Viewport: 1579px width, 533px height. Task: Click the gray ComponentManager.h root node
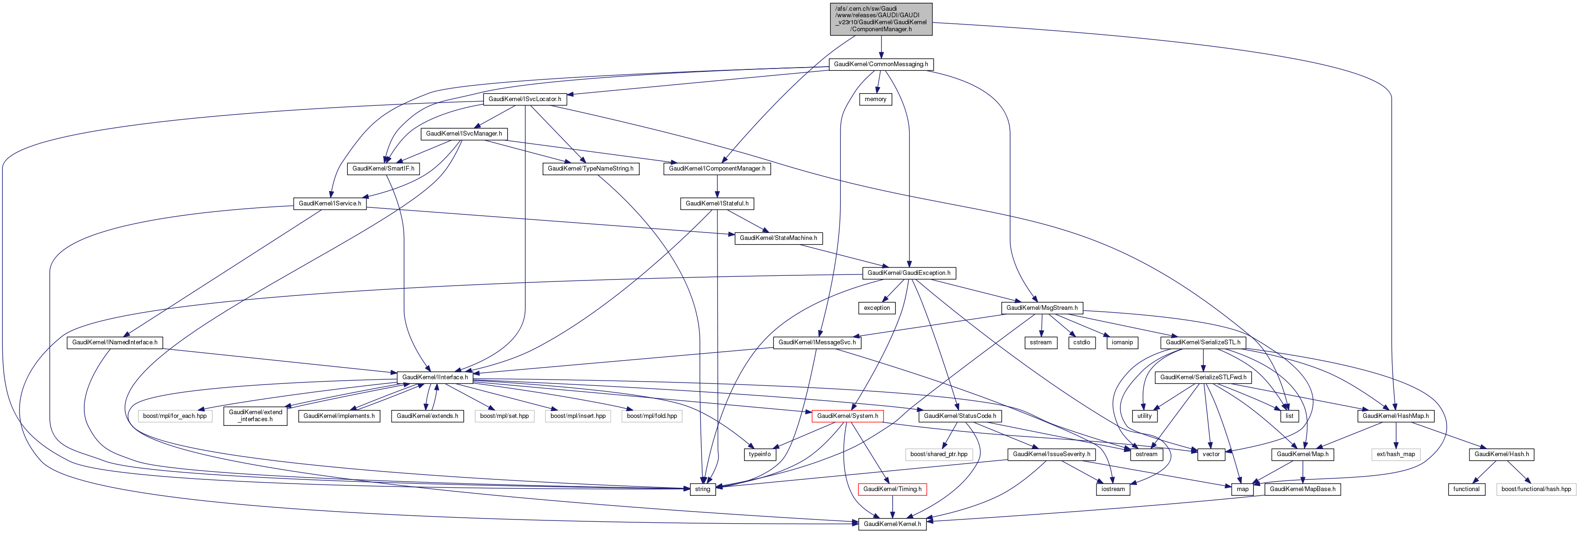coord(881,19)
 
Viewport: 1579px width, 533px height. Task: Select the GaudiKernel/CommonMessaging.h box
coord(880,64)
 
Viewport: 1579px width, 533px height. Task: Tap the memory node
coord(876,99)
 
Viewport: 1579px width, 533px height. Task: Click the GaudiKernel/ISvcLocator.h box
coord(524,99)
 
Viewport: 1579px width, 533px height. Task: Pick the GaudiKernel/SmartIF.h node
coord(383,169)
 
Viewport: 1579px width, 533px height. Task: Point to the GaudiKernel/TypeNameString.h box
coord(590,169)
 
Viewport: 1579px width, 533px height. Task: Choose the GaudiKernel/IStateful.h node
coord(717,204)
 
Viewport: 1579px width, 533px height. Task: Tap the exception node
coord(876,308)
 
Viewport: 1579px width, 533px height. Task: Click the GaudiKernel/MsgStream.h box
coord(1041,308)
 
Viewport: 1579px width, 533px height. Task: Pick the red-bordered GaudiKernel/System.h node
coord(847,417)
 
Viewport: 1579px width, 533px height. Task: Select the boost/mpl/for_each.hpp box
coord(175,417)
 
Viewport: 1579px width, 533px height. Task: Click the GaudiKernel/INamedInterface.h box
coord(115,342)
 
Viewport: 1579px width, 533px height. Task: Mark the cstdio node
coord(1081,343)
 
